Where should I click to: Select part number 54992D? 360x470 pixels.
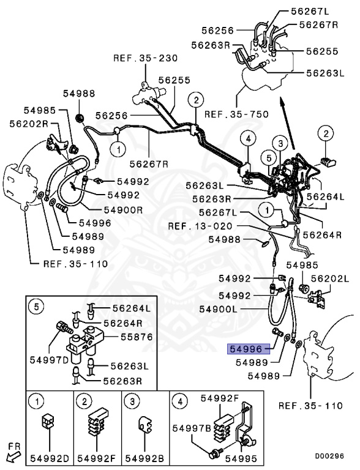pos(49,457)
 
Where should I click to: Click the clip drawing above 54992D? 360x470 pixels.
pos(48,422)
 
